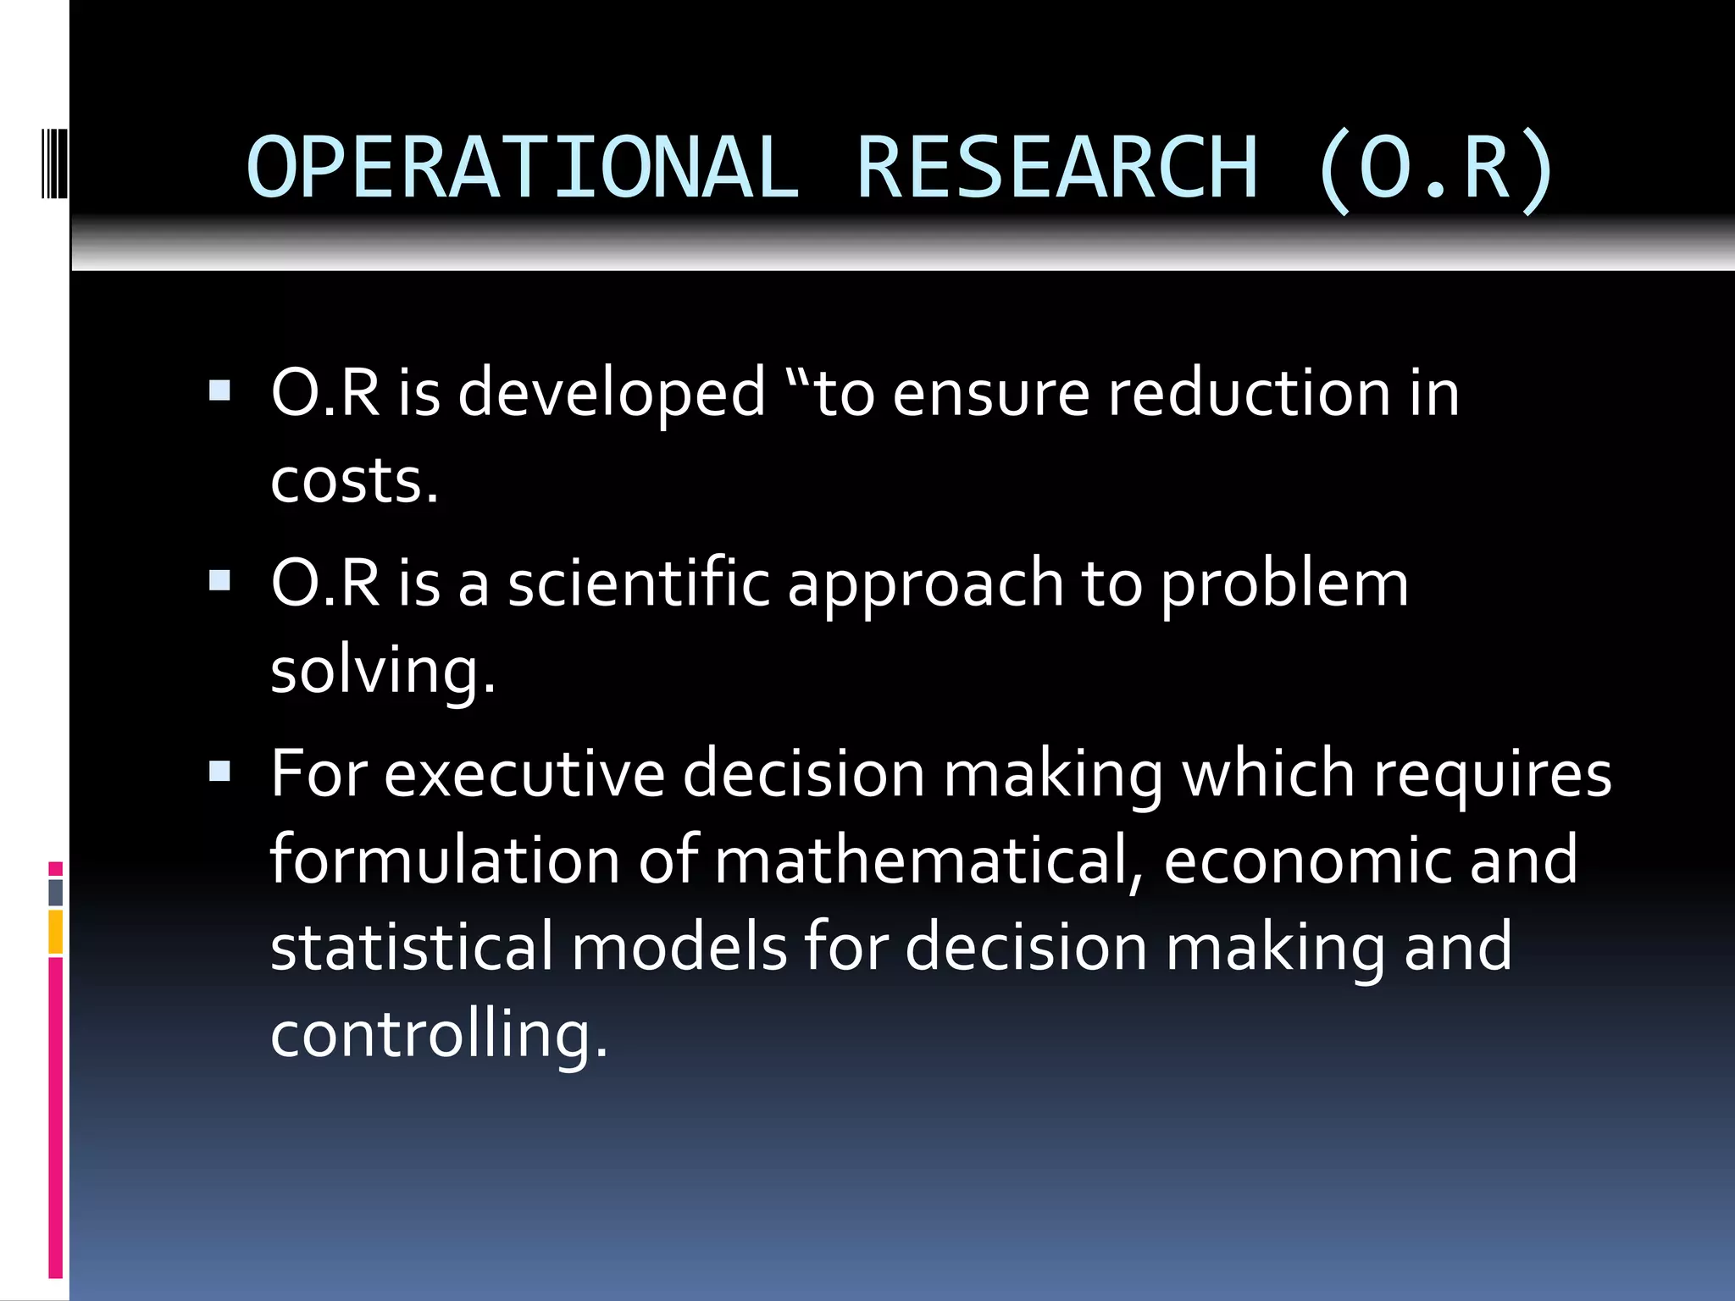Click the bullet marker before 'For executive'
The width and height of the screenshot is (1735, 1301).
(219, 771)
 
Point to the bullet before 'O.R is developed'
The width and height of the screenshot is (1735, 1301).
(219, 390)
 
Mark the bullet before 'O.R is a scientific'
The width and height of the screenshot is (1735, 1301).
(219, 580)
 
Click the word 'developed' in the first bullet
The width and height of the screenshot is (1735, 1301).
(612, 394)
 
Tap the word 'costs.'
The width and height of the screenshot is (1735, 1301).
(354, 480)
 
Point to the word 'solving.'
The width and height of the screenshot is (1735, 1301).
(383, 672)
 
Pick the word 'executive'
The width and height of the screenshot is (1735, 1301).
(524, 773)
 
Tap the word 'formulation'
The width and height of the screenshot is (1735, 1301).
(445, 860)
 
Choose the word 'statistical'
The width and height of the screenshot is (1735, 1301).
(412, 946)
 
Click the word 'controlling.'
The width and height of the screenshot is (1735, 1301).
(439, 1034)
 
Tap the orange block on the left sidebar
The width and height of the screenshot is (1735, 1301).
(55, 932)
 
